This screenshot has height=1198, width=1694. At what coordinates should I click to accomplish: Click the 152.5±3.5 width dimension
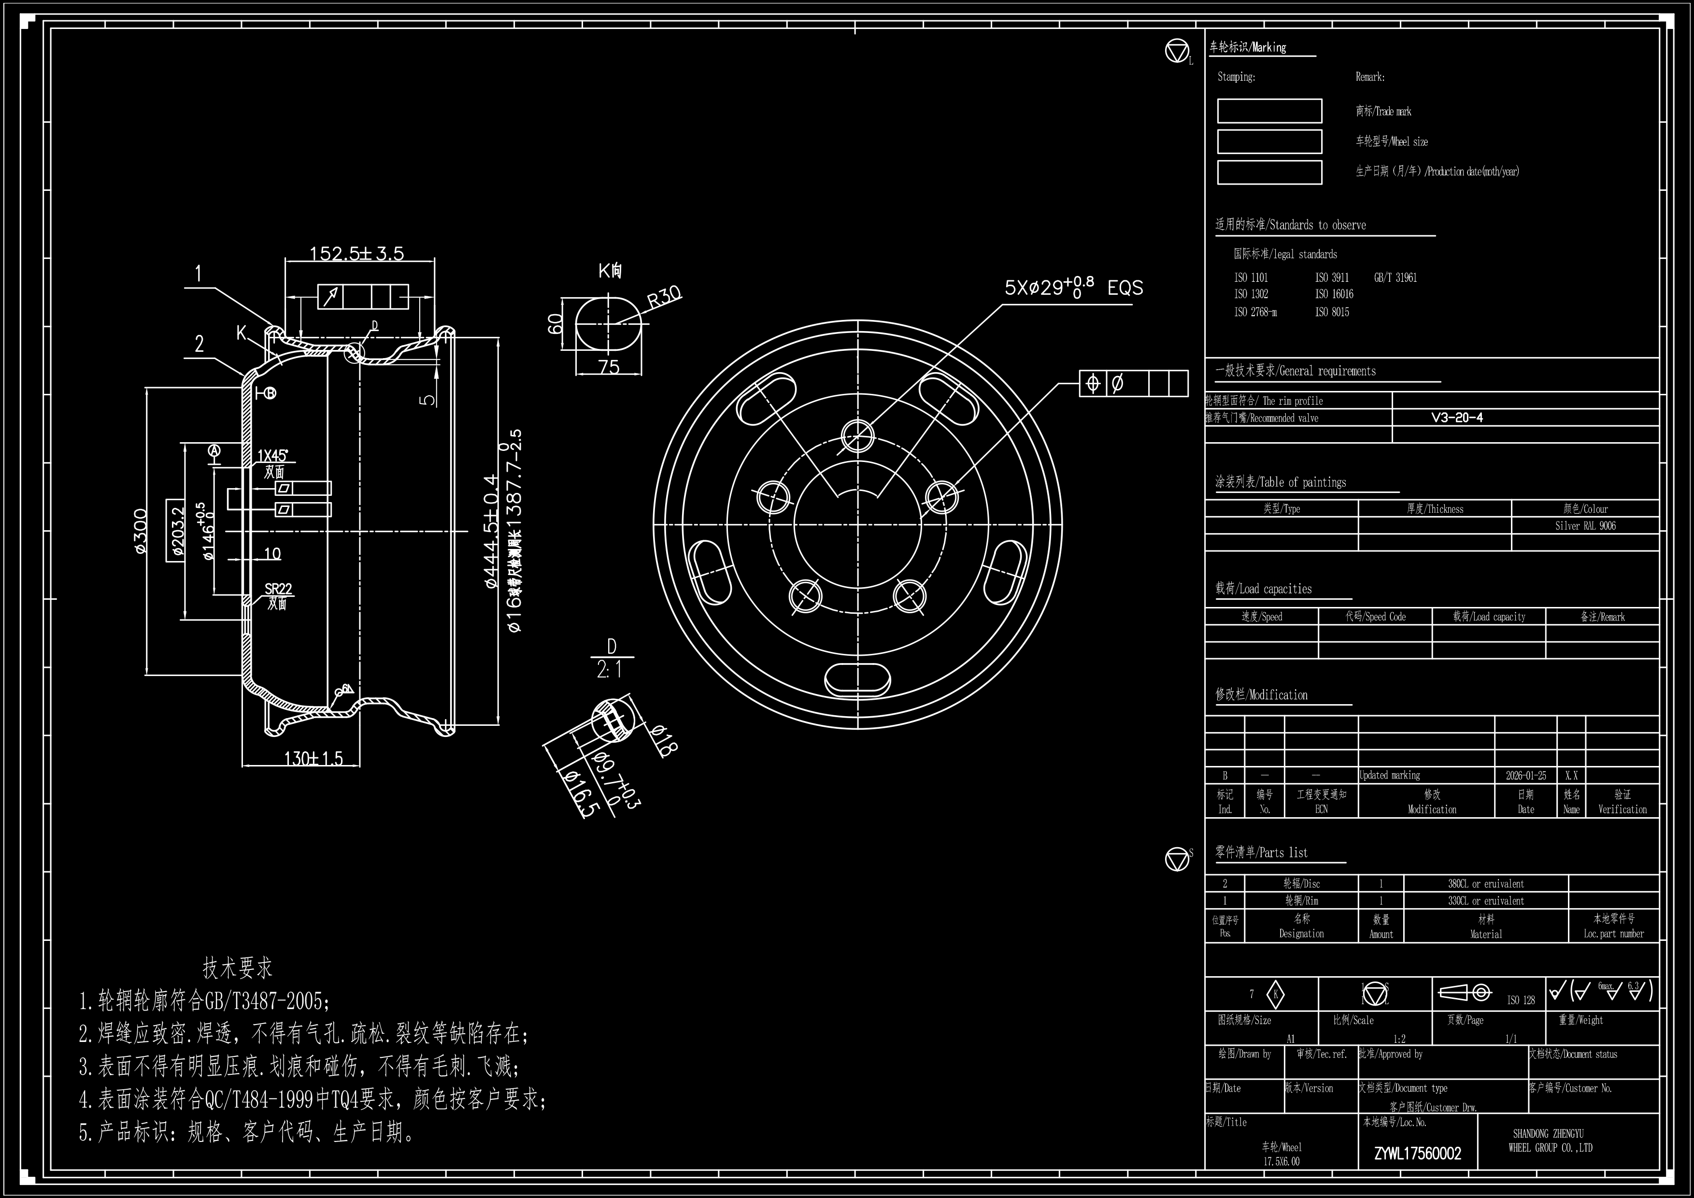point(356,253)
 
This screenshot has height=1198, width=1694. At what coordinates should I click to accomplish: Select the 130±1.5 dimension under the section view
point(313,758)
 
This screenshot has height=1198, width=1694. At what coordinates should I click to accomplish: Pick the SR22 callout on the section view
point(278,589)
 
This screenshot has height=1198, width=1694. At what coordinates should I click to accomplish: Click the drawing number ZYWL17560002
point(1417,1154)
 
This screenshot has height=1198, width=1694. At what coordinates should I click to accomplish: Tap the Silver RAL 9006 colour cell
point(1585,526)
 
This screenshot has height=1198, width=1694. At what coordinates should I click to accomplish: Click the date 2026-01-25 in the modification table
point(1525,776)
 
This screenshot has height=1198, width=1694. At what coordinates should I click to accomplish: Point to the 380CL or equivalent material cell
point(1485,883)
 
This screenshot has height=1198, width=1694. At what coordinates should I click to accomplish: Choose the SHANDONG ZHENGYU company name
point(1548,1134)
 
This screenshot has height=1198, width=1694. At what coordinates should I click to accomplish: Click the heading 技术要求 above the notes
point(238,967)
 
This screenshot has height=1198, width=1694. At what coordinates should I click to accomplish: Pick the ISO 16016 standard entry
point(1334,294)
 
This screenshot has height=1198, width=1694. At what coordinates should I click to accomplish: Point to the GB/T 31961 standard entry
point(1395,277)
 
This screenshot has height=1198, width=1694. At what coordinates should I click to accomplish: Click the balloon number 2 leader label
point(199,344)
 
